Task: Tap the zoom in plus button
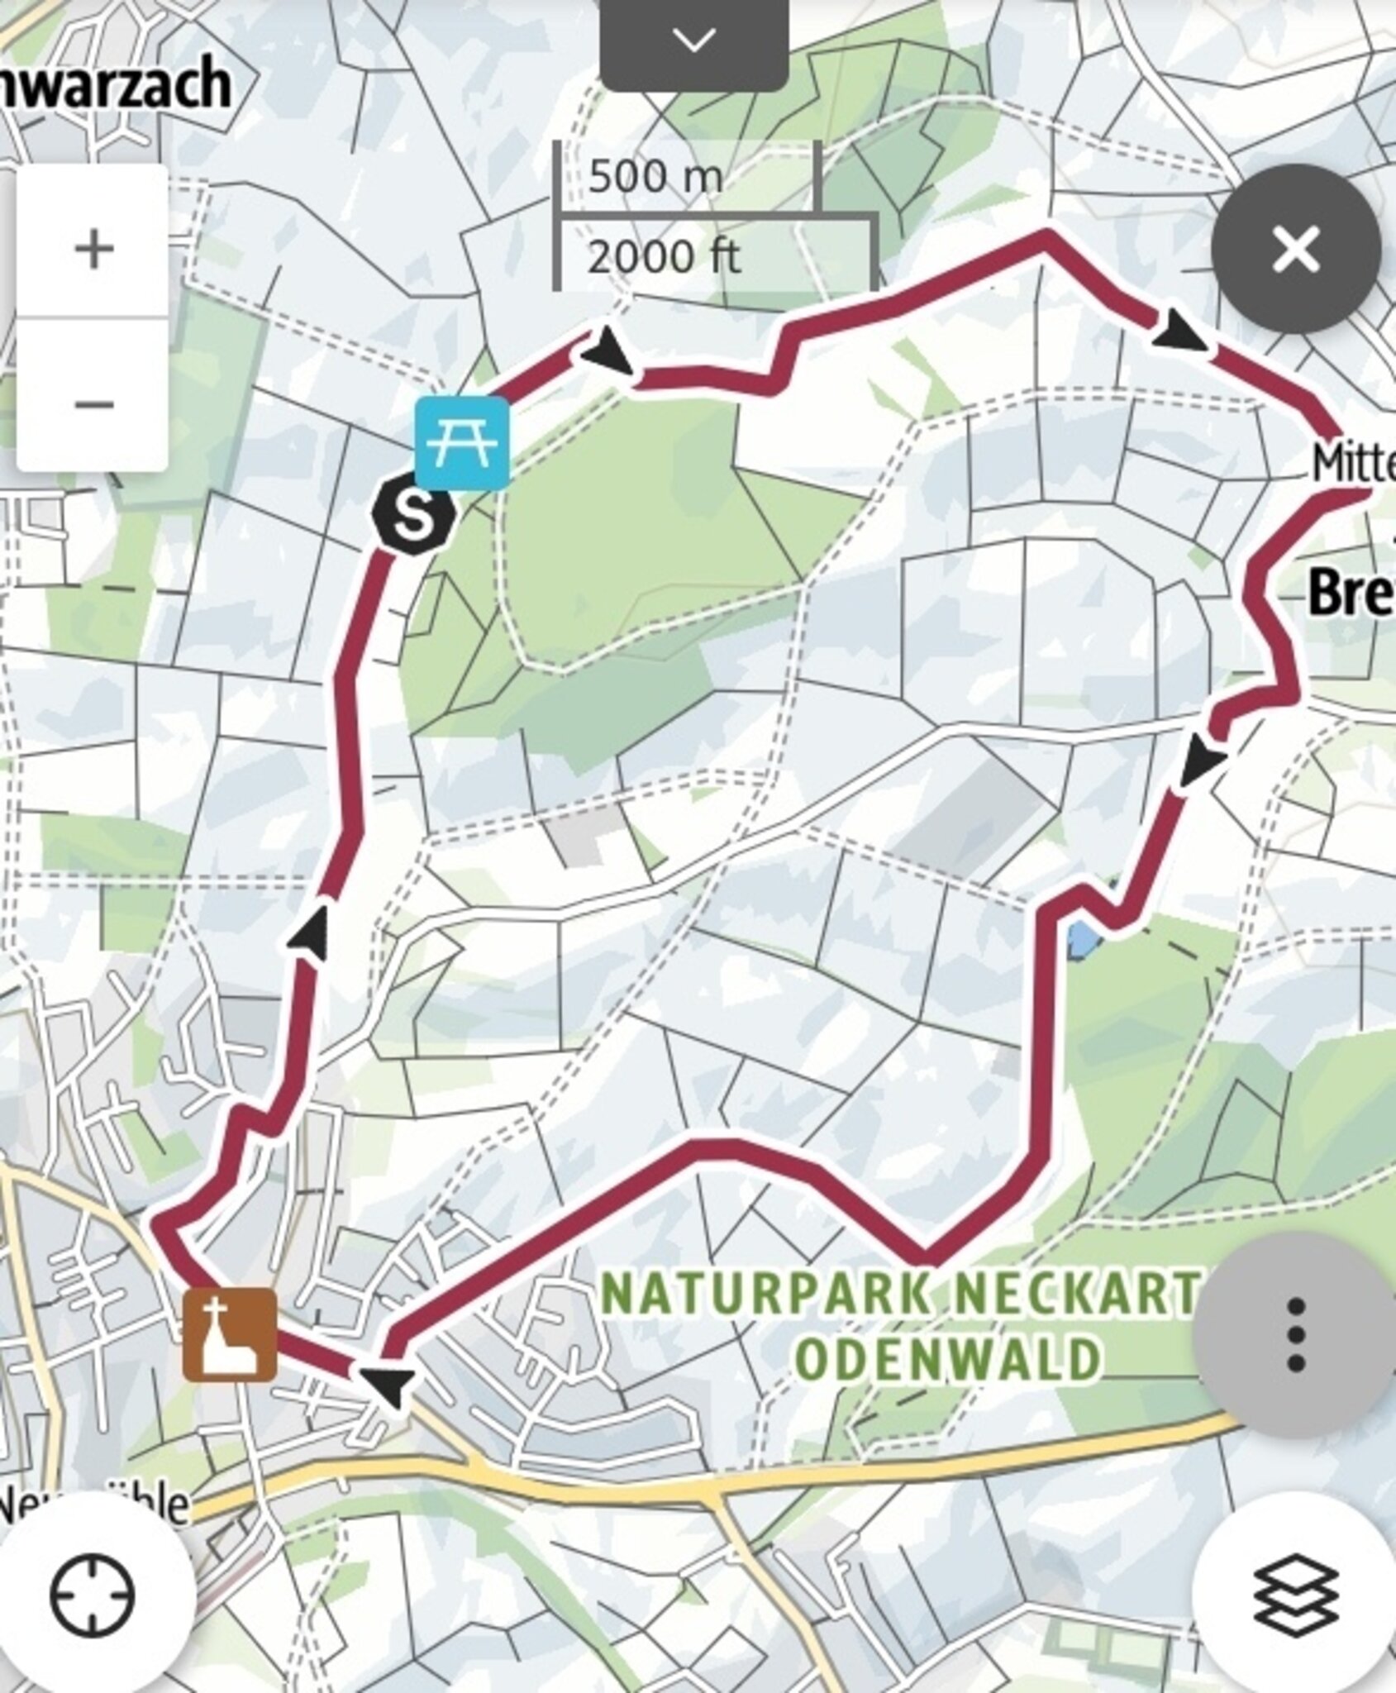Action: tap(93, 247)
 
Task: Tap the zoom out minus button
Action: tap(93, 403)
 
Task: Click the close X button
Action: tap(1295, 249)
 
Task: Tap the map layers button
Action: tap(1295, 1594)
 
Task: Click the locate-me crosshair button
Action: tap(93, 1594)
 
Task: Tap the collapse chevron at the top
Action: tap(693, 40)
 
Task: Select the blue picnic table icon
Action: tap(462, 442)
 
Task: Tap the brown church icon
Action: tap(230, 1333)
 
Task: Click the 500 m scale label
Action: tap(655, 176)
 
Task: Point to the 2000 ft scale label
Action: tap(663, 257)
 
